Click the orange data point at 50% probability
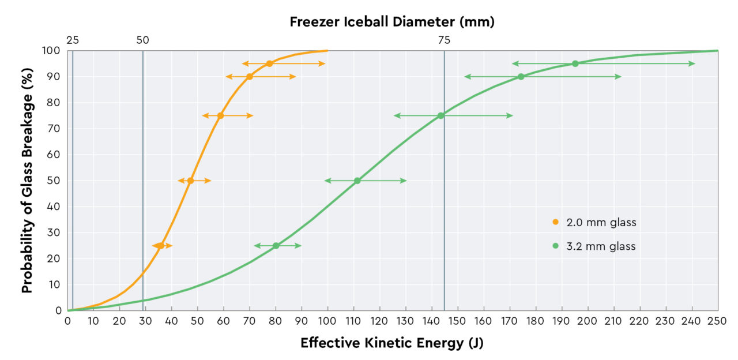190,181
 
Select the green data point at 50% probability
357,181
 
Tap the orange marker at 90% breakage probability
249,77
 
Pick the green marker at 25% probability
276,246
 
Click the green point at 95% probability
575,63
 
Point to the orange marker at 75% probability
220,115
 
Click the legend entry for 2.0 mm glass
594,222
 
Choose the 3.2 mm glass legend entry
594,246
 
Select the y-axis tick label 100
52,51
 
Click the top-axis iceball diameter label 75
444,40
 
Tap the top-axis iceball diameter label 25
72,40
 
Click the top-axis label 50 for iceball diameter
142,40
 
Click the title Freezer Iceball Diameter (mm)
392,22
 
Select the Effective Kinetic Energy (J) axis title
392,343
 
